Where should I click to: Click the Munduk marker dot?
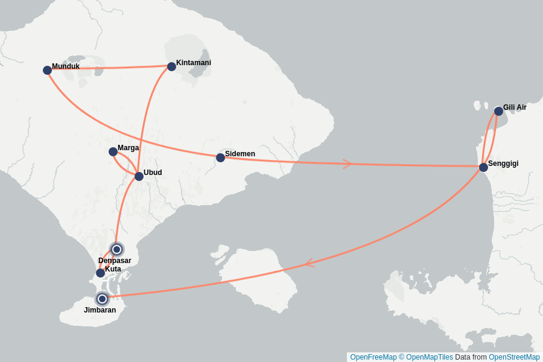coord(47,71)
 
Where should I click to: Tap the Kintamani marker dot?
coord(171,66)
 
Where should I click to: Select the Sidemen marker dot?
coord(220,157)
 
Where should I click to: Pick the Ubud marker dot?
coord(139,176)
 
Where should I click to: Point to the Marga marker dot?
coord(113,151)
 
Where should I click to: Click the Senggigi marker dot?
coord(483,167)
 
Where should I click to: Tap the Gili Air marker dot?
coord(498,111)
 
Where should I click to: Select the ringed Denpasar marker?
coord(117,249)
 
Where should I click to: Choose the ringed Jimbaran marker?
coord(103,299)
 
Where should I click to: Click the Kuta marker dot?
coord(100,273)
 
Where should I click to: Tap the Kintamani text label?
coord(193,63)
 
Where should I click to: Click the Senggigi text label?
coord(503,164)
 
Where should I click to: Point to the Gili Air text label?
coord(515,107)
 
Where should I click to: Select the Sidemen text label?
coord(240,154)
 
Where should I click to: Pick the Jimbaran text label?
coord(100,310)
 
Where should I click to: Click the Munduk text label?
coord(66,66)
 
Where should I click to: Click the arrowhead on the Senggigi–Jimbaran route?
coord(309,263)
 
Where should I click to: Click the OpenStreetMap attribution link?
coord(514,357)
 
